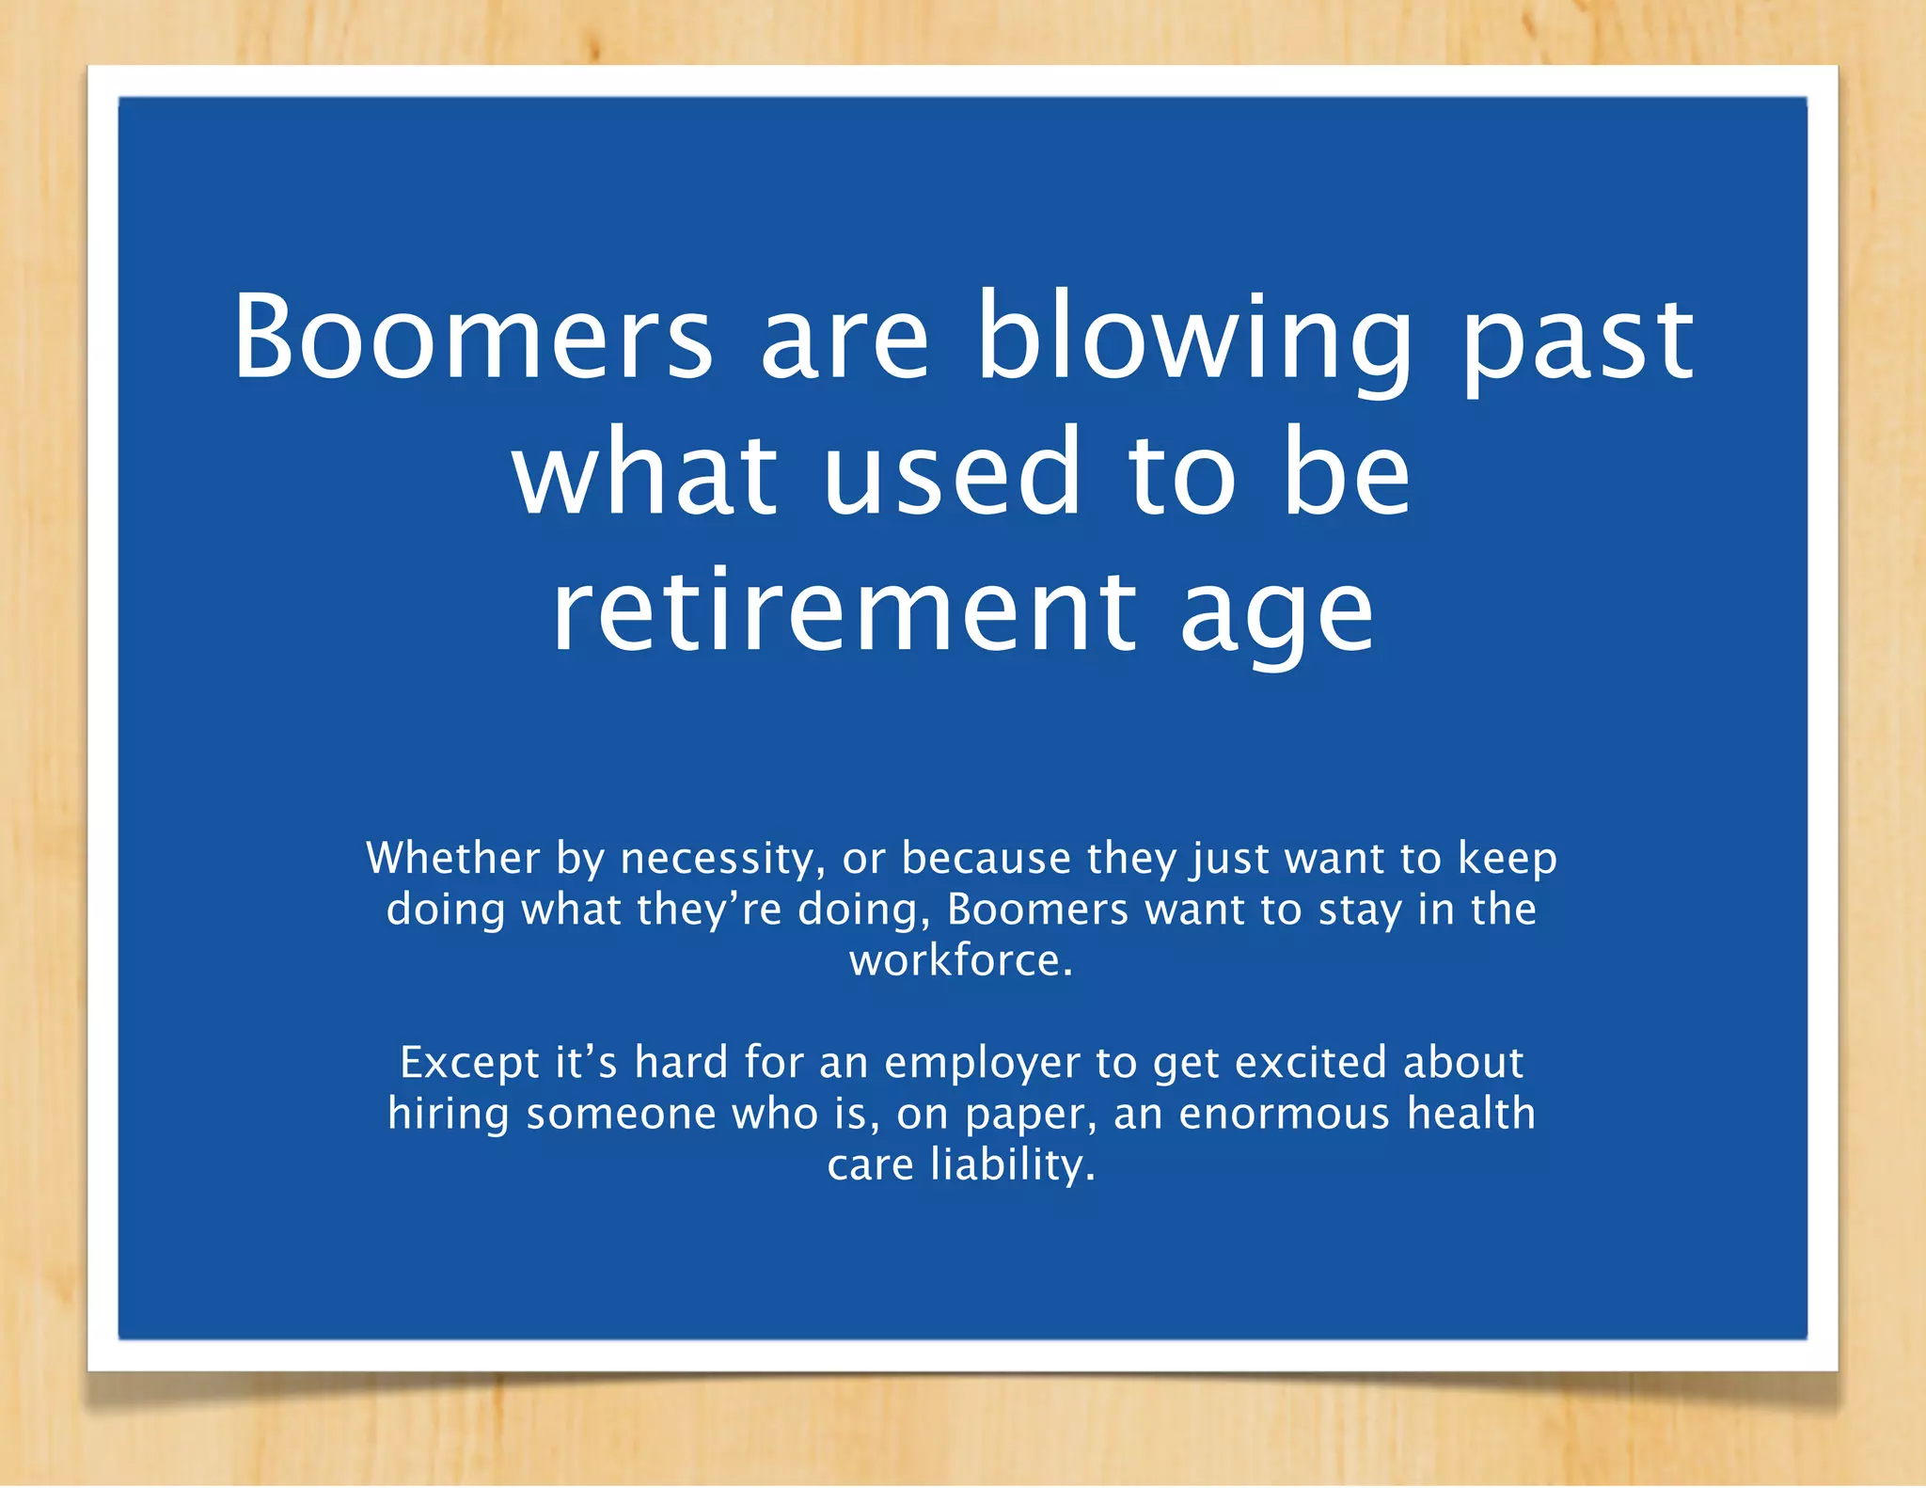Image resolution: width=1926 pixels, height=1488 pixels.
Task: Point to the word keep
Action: click(1508, 860)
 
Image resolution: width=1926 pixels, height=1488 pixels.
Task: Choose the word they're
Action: click(709, 910)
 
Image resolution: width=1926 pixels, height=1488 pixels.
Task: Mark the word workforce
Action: click(960, 960)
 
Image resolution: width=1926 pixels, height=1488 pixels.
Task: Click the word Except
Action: click(469, 1064)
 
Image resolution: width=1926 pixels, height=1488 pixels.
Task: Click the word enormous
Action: click(1284, 1115)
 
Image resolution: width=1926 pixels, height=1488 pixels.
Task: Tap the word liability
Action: click(1012, 1166)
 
